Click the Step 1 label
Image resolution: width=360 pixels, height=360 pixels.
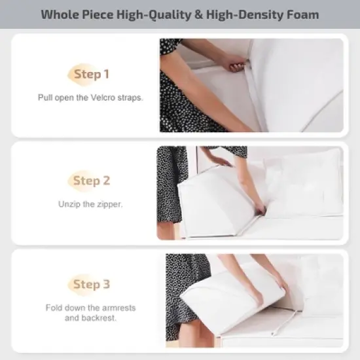tap(91, 75)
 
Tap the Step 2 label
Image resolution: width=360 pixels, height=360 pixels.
tap(91, 181)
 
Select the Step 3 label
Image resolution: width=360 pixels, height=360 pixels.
tap(91, 284)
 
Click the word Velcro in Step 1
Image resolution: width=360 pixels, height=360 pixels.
tap(105, 98)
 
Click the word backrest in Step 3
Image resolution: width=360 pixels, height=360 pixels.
tap(99, 318)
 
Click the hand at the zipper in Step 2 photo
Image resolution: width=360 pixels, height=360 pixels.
tap(260, 209)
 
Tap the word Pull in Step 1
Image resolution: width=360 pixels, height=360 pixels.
tap(45, 98)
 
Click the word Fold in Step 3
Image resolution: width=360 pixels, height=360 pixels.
tap(54, 308)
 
